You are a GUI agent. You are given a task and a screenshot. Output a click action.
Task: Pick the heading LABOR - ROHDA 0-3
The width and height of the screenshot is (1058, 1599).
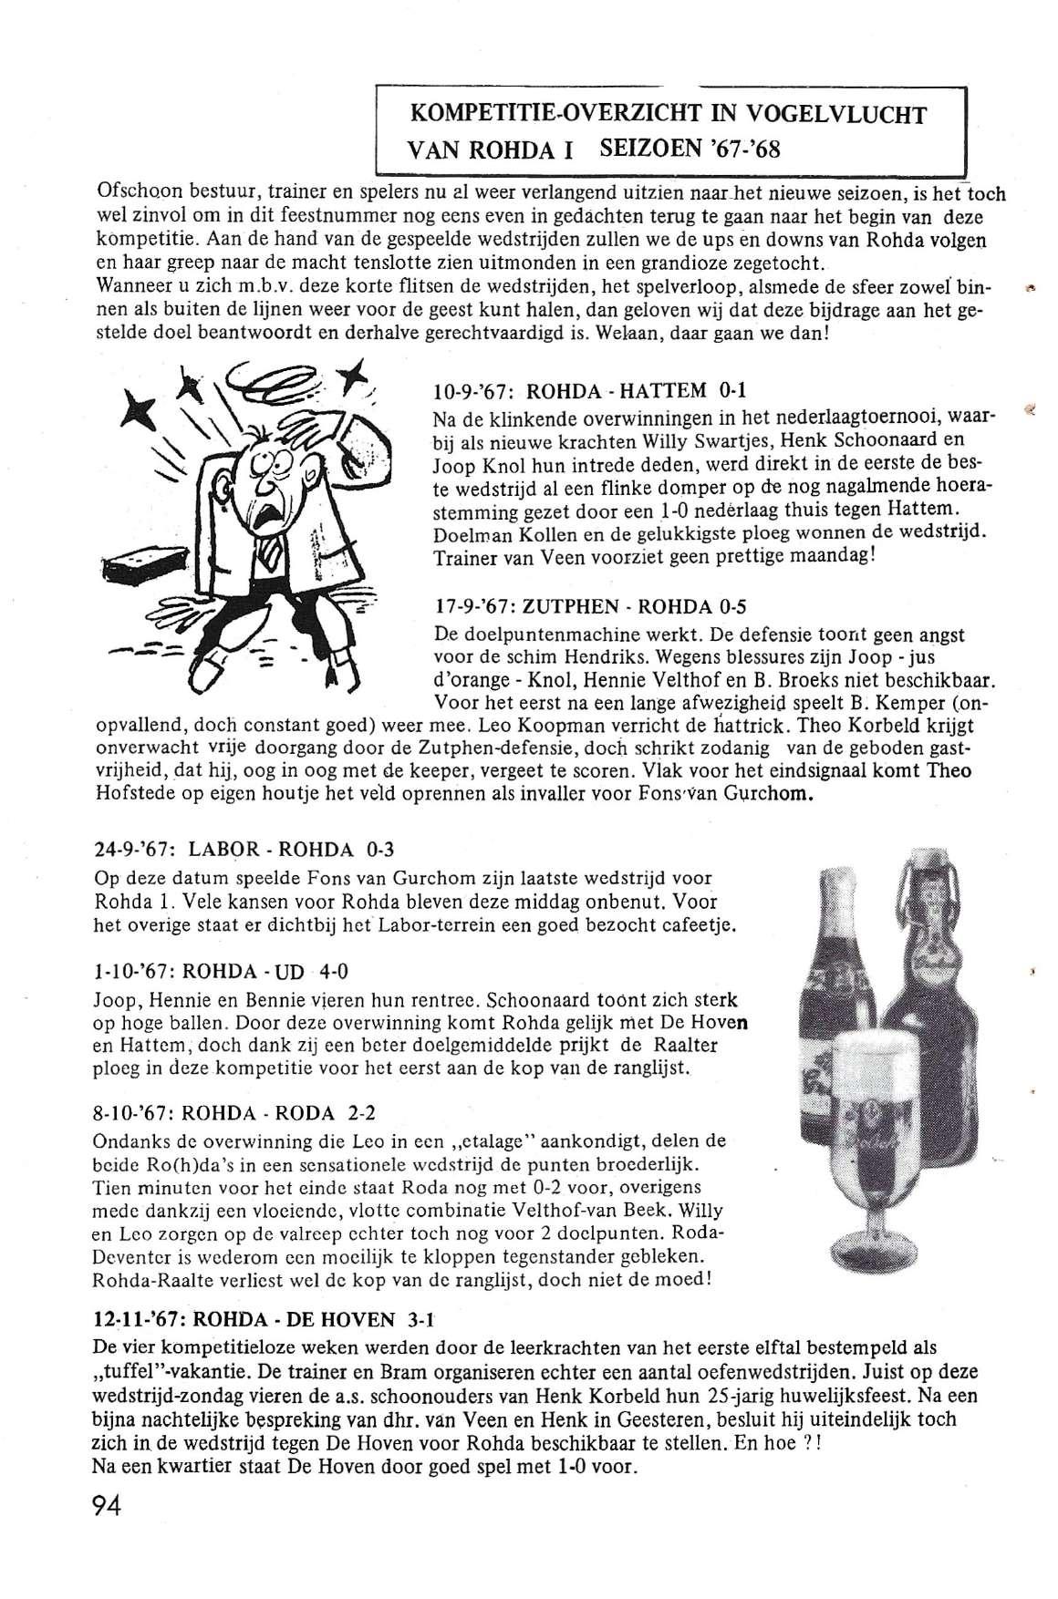tap(244, 850)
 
